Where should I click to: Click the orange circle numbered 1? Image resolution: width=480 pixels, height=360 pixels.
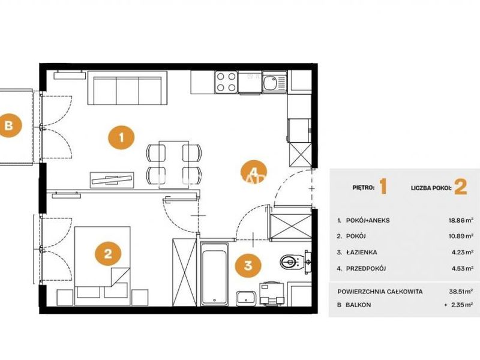(121, 137)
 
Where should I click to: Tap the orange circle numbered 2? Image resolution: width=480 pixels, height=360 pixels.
(108, 253)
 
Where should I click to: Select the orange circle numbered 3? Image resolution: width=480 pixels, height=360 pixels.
(248, 265)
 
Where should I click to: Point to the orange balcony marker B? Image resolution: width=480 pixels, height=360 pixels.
(9, 125)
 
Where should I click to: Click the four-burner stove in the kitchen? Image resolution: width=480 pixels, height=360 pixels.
(226, 82)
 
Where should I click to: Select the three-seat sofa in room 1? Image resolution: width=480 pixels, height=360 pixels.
(127, 88)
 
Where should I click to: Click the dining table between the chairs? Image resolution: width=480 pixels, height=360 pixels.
(174, 164)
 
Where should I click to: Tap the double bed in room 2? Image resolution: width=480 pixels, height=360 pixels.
(103, 266)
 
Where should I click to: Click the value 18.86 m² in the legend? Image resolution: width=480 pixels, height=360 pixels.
(462, 220)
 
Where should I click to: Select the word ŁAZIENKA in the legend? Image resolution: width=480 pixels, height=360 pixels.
(362, 253)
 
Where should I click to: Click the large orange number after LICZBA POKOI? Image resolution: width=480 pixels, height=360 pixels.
(461, 187)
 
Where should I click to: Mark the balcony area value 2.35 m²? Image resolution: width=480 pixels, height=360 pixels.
(462, 305)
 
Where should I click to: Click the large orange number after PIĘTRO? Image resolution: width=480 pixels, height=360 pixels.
(383, 187)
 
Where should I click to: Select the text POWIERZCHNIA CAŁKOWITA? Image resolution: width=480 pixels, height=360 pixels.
(380, 291)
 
